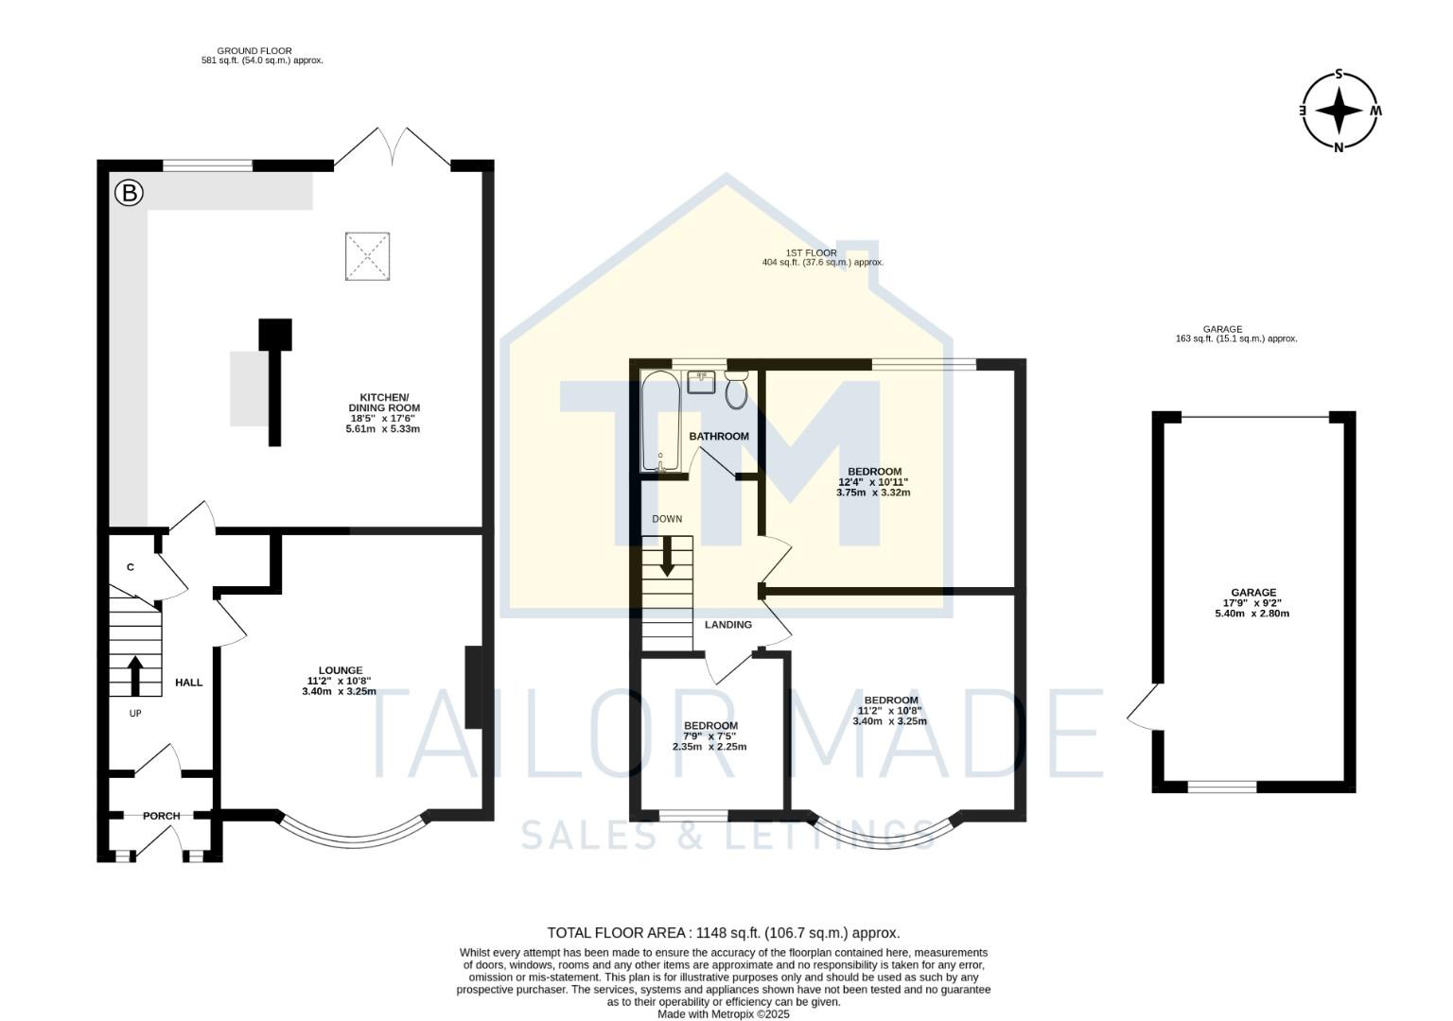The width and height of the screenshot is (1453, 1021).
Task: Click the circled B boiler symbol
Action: point(129,194)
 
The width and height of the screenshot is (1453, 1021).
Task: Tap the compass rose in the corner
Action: point(1339,111)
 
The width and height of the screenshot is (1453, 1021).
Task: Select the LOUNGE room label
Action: point(341,670)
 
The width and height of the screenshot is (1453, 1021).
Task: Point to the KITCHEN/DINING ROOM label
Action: point(383,402)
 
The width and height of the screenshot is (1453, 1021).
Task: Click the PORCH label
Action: point(162,816)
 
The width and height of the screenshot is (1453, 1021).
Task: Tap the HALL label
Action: point(189,683)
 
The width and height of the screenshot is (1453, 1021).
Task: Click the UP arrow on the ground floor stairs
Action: point(134,676)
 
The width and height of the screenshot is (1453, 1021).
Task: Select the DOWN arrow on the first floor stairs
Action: point(667,557)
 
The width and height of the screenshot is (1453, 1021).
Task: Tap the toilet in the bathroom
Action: point(737,389)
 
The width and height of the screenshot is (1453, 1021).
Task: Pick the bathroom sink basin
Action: point(702,382)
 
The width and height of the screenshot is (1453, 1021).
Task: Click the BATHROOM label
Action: point(719,437)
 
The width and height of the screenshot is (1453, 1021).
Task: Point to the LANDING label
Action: point(728,625)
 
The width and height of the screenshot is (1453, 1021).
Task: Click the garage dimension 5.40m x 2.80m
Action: point(1252,614)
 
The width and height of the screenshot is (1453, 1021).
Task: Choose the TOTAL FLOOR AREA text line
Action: point(724,933)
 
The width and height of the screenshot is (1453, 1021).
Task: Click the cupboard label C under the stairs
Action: point(131,567)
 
